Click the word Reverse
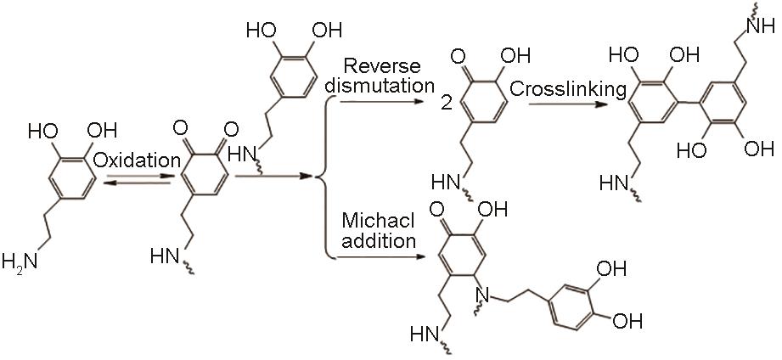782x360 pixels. pos(376,66)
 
